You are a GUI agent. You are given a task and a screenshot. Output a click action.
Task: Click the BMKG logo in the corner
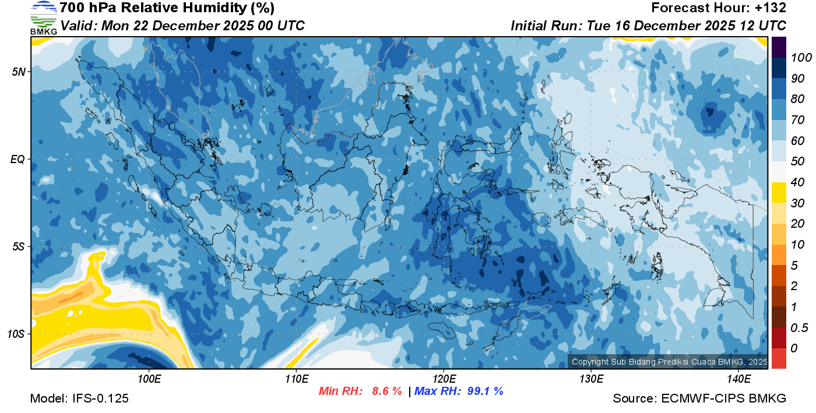43,17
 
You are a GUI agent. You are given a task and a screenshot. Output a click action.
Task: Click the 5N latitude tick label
19,72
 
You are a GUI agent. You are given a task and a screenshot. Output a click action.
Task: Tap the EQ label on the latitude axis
18,159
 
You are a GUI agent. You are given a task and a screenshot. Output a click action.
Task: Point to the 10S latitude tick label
16,334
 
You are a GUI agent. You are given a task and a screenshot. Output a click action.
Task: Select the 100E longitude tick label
149,379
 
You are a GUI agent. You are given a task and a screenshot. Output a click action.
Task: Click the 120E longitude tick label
444,379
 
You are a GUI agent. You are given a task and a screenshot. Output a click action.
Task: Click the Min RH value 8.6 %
386,391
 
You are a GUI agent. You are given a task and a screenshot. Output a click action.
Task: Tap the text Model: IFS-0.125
79,398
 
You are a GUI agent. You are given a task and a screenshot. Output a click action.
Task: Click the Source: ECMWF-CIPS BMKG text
699,398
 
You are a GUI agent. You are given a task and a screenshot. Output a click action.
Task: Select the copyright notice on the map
669,362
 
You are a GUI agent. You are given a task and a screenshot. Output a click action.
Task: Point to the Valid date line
182,26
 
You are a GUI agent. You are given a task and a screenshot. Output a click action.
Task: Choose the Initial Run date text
648,26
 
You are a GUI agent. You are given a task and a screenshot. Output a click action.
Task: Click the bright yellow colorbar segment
779,192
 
